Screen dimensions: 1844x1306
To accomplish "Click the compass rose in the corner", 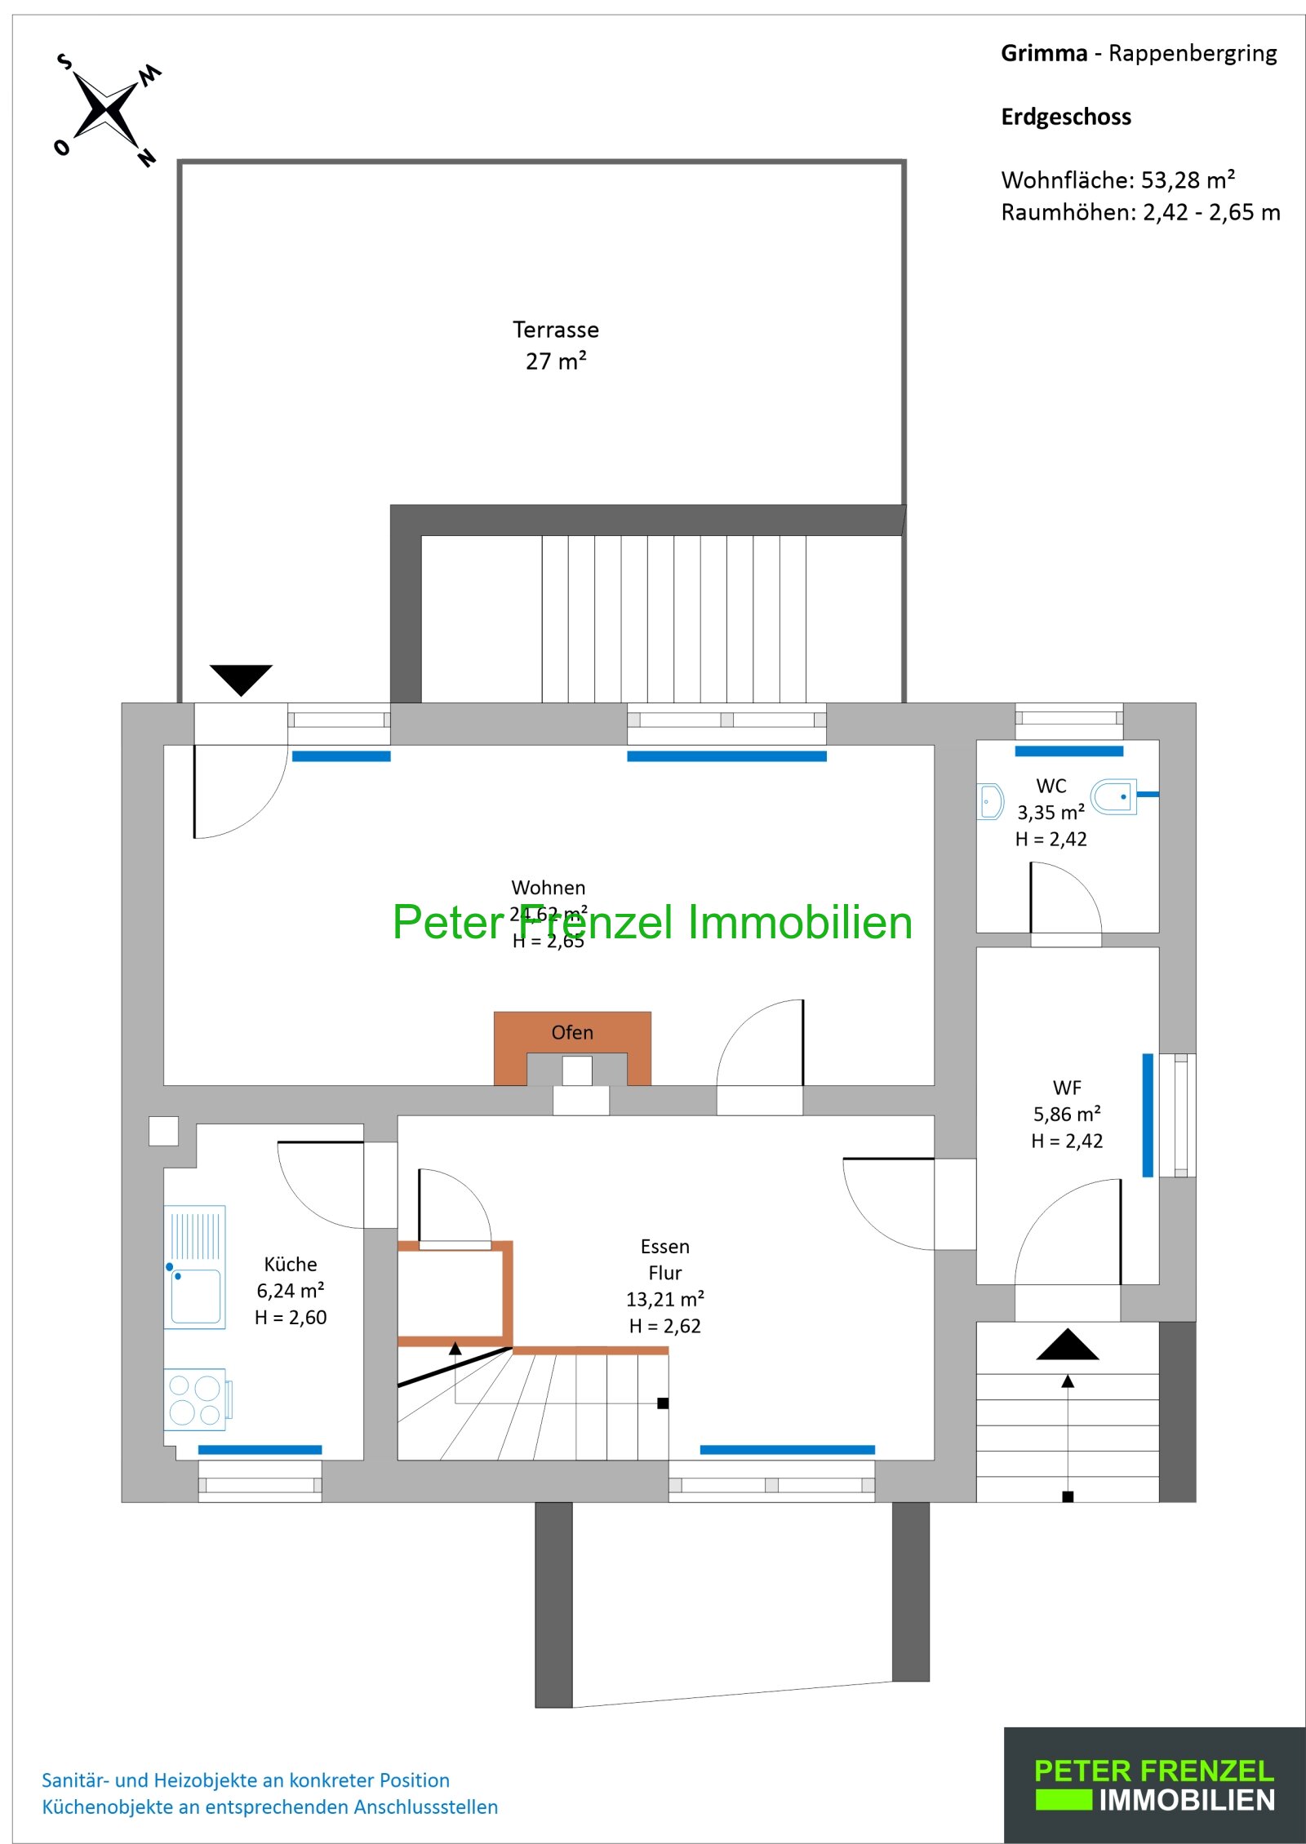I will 106,109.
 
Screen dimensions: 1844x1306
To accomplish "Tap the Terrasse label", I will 555,330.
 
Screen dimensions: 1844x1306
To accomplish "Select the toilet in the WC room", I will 1114,796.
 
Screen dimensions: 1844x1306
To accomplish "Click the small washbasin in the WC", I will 989,801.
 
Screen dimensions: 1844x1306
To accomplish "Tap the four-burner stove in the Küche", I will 195,1399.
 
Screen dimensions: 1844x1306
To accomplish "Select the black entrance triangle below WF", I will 1067,1345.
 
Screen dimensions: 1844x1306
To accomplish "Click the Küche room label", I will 291,1264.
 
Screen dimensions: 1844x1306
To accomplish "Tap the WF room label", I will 1067,1088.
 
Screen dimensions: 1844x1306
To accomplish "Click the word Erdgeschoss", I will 1065,117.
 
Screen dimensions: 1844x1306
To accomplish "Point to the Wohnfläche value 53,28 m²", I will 1187,180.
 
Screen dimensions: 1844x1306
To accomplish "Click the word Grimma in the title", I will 1043,54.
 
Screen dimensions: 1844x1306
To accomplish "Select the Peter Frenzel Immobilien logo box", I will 1153,1784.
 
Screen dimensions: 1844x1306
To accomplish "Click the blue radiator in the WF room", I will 1147,1115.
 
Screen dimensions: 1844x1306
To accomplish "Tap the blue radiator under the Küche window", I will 260,1450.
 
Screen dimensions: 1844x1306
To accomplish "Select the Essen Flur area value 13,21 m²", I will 664,1299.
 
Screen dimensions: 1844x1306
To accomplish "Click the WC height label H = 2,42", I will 1051,839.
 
